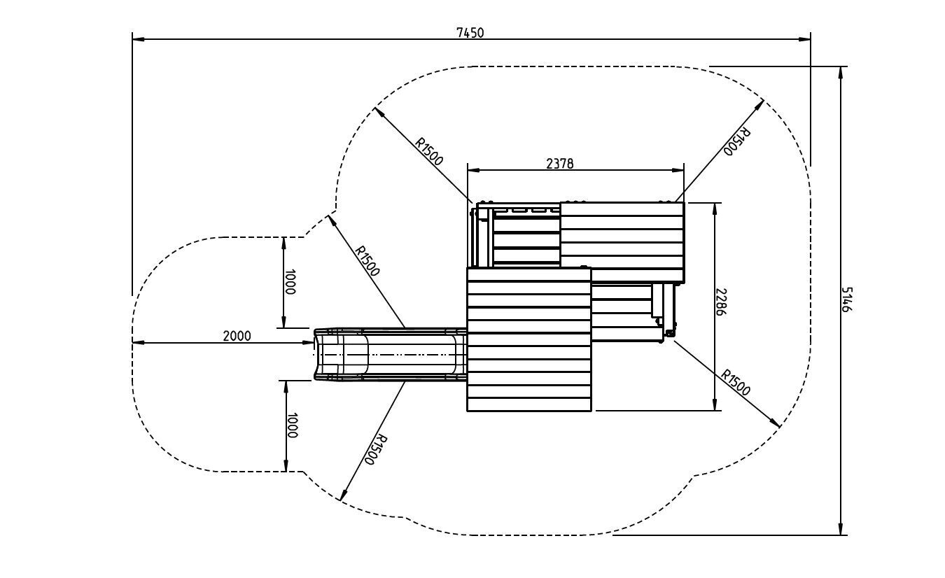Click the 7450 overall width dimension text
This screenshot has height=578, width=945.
click(x=470, y=32)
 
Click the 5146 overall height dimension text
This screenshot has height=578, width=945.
click(x=847, y=299)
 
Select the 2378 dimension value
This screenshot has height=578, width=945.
click(x=559, y=164)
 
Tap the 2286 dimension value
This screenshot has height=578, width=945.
click(x=720, y=302)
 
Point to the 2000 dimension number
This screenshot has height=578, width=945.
click(x=237, y=336)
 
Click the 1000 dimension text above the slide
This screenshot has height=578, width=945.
click(x=290, y=282)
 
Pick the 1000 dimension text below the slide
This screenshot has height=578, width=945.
click(x=292, y=425)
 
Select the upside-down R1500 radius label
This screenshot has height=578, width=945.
click(x=737, y=141)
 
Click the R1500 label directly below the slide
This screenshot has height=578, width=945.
click(x=376, y=450)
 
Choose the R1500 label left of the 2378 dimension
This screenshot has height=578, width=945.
click(x=429, y=152)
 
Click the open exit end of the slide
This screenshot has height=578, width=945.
click(x=318, y=355)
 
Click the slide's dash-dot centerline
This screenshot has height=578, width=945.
click(x=392, y=355)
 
